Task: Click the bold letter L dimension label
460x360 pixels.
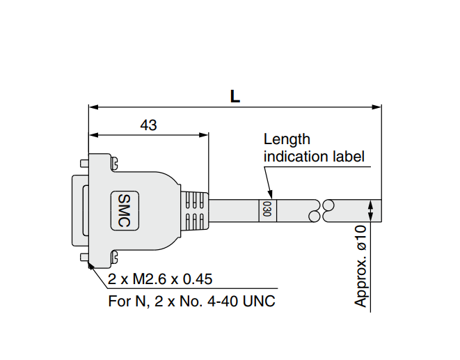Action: click(x=235, y=96)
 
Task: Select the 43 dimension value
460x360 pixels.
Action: click(x=148, y=125)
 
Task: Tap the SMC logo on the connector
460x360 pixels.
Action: click(x=125, y=210)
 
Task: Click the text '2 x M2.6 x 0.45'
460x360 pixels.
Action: click(x=160, y=280)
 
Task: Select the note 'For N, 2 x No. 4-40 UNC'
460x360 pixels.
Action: click(x=192, y=302)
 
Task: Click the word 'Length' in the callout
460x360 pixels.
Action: click(x=287, y=139)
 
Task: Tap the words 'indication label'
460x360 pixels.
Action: click(x=314, y=156)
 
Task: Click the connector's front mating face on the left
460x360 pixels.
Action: click(x=77, y=210)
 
